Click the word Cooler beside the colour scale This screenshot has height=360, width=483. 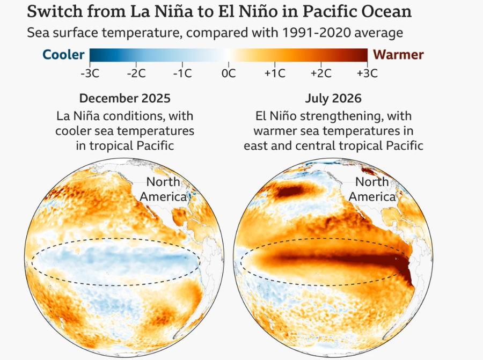63,55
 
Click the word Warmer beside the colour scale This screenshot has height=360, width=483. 398,55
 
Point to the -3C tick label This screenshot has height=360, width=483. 90,74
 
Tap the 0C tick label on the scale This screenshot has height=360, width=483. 228,74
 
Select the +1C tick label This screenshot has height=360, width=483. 275,74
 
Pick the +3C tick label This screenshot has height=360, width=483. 367,74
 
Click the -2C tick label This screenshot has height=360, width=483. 136,74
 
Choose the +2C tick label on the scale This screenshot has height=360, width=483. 321,74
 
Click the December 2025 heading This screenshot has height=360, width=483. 125,99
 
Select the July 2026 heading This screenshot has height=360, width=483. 333,99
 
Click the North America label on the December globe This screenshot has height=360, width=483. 163,189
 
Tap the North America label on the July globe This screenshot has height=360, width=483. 372,189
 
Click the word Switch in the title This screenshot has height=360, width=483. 55,12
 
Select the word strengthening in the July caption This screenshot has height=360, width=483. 340,117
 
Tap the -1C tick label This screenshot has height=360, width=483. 182,74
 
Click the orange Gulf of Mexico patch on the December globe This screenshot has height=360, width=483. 180,216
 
